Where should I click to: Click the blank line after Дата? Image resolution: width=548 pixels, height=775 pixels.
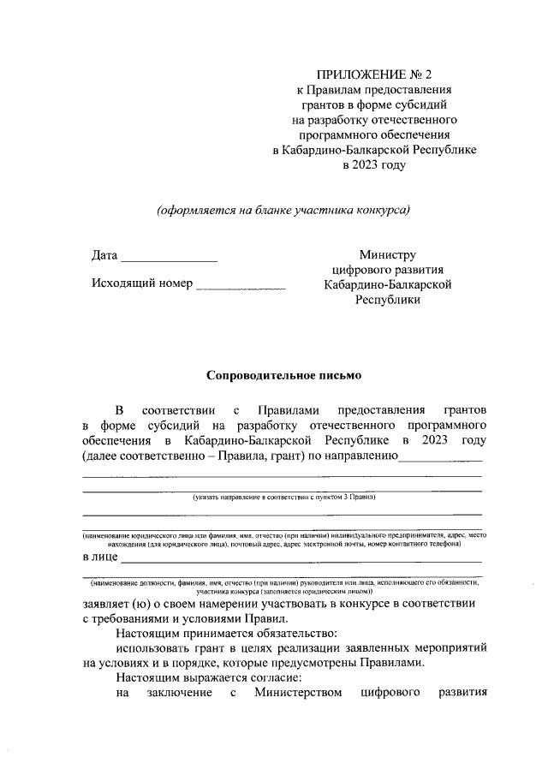169,258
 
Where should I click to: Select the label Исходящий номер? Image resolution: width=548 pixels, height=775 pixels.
141,283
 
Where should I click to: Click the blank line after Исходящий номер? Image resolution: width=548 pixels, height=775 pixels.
241,287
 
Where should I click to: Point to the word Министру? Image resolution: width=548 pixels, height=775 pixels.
387,255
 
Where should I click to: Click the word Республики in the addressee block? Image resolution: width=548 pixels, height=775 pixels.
387,301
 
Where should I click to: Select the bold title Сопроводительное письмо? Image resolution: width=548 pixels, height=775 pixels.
284,375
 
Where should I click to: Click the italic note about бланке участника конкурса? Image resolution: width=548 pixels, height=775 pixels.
283,210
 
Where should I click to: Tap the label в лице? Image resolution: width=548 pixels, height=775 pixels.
100,558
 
